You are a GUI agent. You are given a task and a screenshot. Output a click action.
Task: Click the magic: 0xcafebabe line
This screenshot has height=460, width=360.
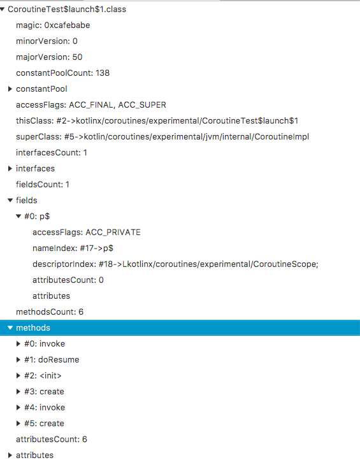[x=53, y=25]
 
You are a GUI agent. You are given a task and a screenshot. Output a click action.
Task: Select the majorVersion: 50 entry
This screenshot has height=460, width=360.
[x=49, y=57]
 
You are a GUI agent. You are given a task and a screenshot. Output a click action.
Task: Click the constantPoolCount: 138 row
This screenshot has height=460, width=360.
[x=62, y=73]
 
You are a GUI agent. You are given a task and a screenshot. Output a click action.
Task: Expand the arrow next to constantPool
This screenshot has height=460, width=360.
[x=10, y=89]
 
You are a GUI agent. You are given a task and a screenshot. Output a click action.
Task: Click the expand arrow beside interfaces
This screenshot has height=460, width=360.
[x=10, y=168]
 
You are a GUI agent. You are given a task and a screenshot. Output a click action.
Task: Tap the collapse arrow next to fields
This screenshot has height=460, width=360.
[x=10, y=200]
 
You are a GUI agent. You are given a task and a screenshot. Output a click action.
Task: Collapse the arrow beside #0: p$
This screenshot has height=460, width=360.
[x=18, y=216]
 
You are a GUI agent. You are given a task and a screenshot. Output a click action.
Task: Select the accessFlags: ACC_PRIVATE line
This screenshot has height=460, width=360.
[x=87, y=233]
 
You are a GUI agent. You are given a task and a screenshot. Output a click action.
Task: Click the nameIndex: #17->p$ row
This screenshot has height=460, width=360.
[x=73, y=248]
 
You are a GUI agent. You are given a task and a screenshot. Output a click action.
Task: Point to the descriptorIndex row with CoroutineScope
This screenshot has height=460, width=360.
[x=175, y=264]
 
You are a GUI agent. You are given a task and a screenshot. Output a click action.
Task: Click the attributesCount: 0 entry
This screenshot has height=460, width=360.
[x=68, y=280]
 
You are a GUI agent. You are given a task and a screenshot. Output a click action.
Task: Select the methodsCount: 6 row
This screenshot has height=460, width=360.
[x=50, y=312]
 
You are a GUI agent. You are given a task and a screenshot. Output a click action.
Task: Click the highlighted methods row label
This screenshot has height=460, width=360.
[x=33, y=327]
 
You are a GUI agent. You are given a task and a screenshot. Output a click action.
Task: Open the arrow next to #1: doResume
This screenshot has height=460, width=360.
[x=18, y=360]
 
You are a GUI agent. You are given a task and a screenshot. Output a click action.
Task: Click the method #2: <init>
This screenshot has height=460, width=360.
[x=43, y=375]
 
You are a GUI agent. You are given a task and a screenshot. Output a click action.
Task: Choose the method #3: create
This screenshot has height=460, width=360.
[x=44, y=391]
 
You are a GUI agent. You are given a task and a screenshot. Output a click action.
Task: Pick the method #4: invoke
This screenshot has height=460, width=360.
[x=45, y=408]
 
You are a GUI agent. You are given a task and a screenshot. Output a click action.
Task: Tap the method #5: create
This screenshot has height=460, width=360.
[x=44, y=423]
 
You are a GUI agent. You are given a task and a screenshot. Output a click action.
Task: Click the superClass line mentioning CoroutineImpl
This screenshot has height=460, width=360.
[x=162, y=137]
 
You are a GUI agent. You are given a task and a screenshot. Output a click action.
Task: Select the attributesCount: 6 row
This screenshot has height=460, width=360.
[x=52, y=439]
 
